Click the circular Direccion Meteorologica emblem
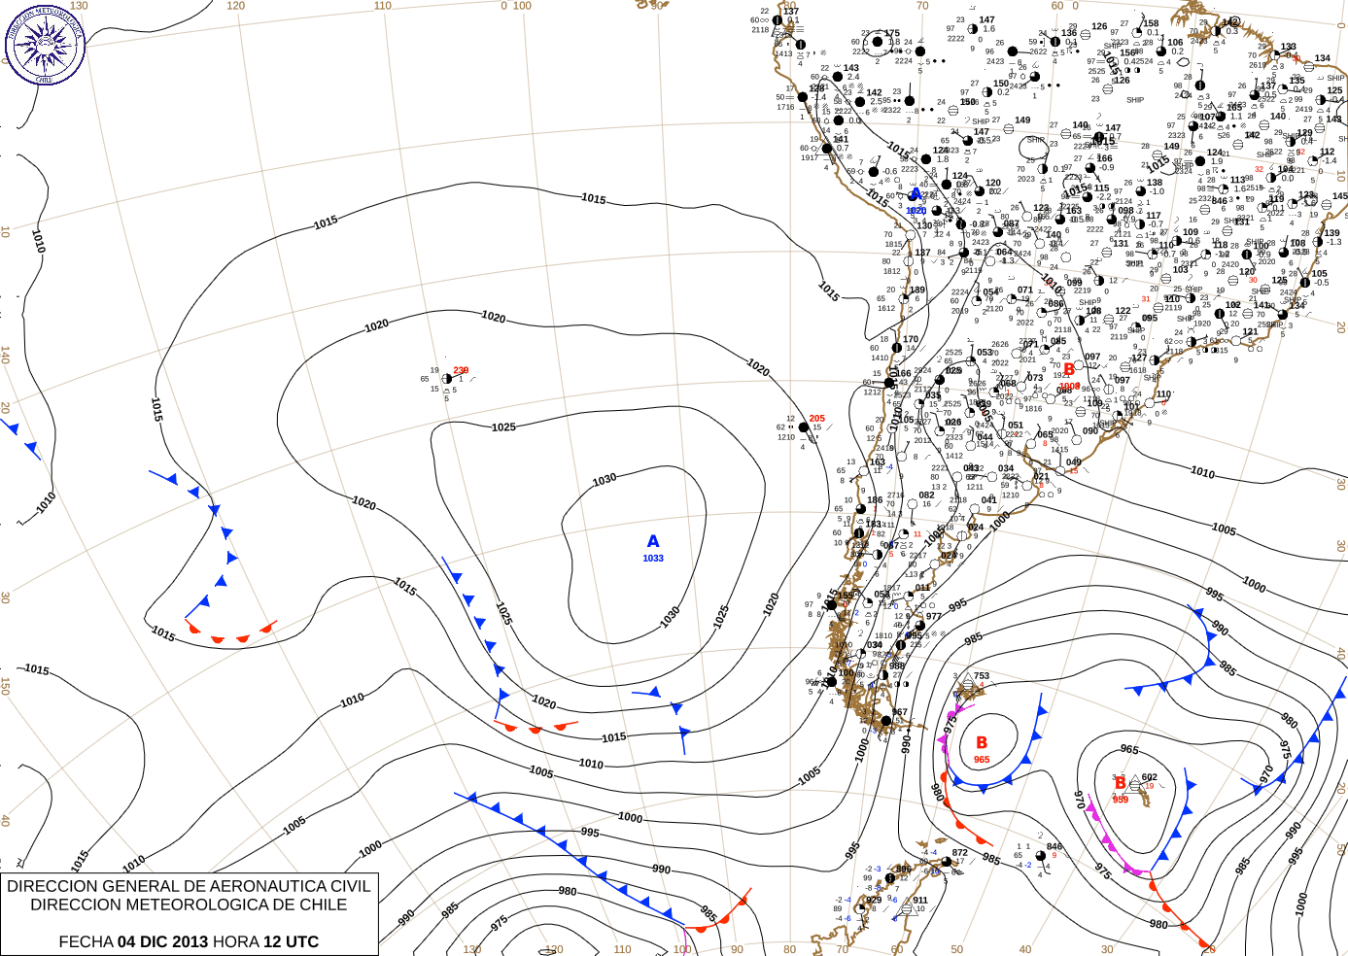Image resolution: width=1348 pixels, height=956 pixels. (x=45, y=44)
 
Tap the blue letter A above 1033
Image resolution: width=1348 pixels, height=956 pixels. (x=653, y=541)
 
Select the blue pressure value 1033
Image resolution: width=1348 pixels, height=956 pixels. (x=653, y=559)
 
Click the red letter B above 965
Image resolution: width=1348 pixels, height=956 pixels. (x=982, y=743)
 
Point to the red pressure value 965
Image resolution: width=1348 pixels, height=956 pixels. (x=982, y=760)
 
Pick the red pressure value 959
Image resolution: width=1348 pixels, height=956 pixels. (x=1121, y=800)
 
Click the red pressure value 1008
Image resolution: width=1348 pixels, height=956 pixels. (x=1069, y=386)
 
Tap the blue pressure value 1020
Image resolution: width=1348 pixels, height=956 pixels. (x=916, y=211)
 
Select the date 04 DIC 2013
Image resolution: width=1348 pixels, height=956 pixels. (x=162, y=941)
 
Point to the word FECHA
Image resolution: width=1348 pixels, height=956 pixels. (x=86, y=941)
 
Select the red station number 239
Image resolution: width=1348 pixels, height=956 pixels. (x=461, y=370)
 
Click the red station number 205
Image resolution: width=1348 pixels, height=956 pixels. (x=817, y=419)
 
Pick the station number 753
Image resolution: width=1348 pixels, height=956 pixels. (x=982, y=676)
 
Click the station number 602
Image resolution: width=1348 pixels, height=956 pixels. (x=1150, y=777)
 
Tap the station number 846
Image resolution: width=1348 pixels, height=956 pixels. (x=1054, y=846)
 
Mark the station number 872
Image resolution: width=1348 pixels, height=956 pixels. (x=960, y=852)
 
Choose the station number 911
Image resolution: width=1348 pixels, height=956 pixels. (x=920, y=900)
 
